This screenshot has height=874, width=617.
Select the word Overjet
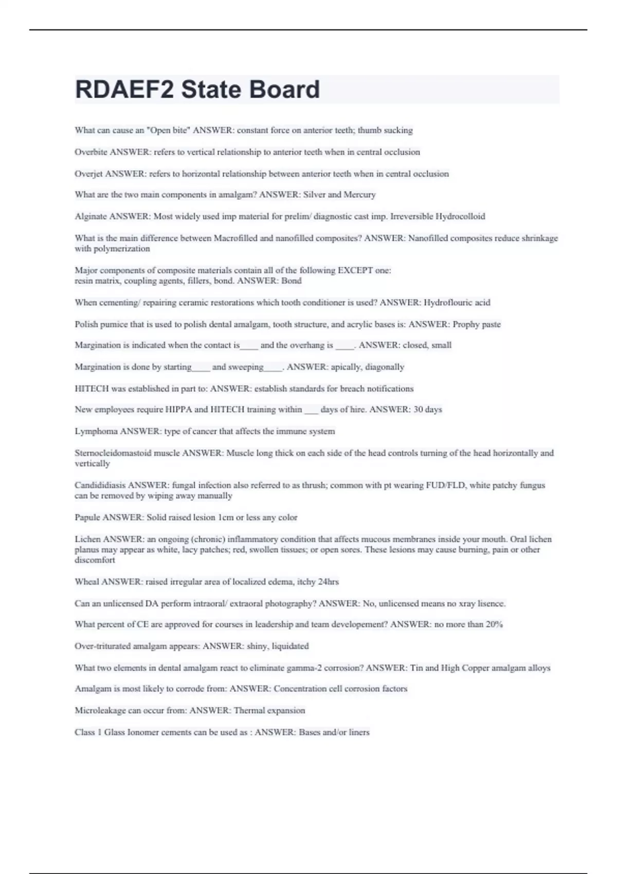[x=88, y=174]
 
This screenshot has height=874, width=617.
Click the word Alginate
[x=90, y=216]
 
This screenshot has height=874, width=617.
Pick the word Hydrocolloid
[x=460, y=216]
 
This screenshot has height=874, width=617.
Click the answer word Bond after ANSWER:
[x=292, y=281]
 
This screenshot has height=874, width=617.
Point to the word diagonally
[x=385, y=367]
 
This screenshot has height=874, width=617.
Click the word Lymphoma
[x=96, y=431]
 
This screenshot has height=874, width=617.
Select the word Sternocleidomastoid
[x=113, y=453]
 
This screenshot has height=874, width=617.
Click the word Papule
[x=87, y=517]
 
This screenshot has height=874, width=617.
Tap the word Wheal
[x=87, y=582]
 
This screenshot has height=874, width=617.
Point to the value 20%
[x=494, y=625]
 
